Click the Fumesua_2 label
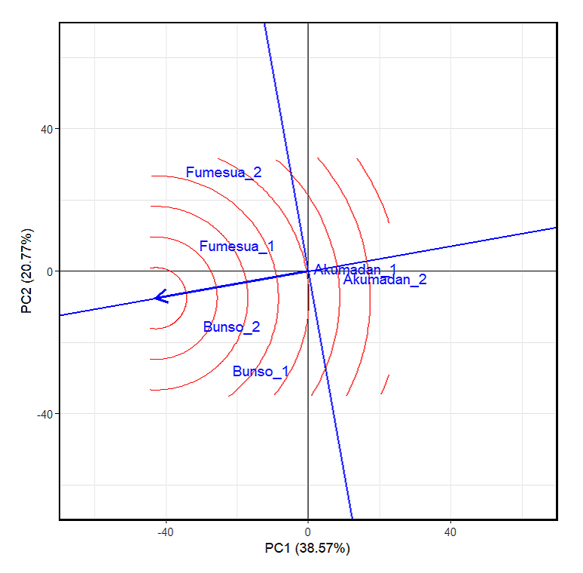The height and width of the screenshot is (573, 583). tap(224, 173)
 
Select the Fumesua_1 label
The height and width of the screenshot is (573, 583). tap(237, 247)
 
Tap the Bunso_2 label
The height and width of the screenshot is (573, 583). tap(231, 327)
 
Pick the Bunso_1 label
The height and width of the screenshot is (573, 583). tap(261, 372)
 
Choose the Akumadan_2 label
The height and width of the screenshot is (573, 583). tap(385, 280)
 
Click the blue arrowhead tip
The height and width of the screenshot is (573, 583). tap(154, 298)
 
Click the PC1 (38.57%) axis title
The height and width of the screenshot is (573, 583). tap(307, 548)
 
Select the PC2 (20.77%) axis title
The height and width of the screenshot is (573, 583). tap(27, 271)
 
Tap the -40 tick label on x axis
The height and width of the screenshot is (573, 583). tap(165, 533)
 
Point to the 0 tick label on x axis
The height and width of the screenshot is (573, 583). tap(308, 533)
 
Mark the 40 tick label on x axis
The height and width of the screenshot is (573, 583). tap(450, 533)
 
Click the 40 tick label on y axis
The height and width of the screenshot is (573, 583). tap(45, 128)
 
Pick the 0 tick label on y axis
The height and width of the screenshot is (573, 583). tap(49, 271)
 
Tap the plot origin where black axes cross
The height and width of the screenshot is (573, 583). tap(308, 271)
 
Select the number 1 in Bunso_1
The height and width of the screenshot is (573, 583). tap(284, 372)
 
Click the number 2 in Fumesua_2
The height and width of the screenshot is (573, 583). tap(258, 173)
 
